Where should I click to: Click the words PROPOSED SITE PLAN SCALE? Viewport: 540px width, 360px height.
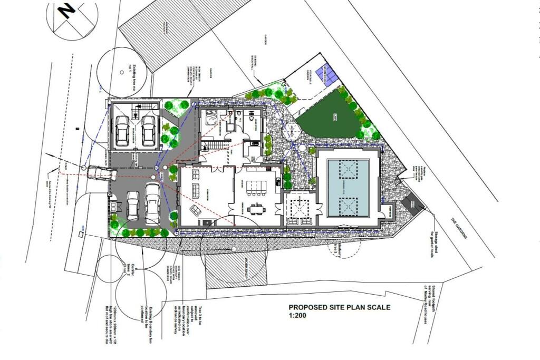tap(339, 307)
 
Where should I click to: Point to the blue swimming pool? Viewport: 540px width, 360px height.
tap(348, 188)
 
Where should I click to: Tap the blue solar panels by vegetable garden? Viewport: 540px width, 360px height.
tap(330, 77)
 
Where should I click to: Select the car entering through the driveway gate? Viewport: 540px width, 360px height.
tap(97, 173)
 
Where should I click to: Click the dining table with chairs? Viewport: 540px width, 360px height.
tap(257, 209)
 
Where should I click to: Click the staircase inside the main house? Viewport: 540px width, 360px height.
tap(213, 145)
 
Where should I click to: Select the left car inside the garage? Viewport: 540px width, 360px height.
tap(122, 130)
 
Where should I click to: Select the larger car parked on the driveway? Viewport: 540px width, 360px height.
tap(152, 202)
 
